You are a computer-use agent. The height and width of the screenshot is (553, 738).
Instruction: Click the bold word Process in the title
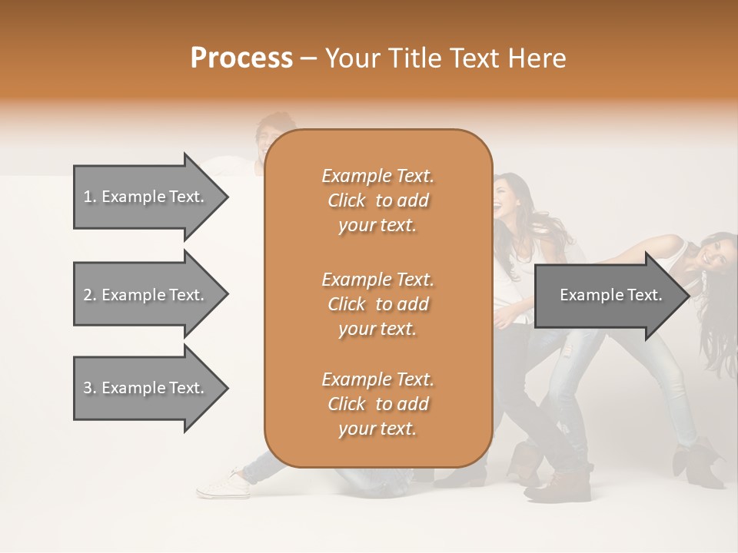(x=241, y=58)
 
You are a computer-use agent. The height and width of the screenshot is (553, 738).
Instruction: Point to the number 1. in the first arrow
(x=90, y=197)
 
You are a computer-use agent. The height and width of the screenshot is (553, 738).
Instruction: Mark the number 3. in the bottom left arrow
(x=90, y=388)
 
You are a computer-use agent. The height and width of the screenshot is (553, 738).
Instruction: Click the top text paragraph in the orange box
(x=377, y=200)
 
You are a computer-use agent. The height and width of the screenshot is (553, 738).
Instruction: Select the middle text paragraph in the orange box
(x=377, y=304)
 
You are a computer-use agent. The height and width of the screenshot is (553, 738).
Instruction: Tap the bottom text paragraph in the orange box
(x=377, y=404)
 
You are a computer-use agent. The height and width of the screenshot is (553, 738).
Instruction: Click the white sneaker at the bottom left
(x=224, y=485)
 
